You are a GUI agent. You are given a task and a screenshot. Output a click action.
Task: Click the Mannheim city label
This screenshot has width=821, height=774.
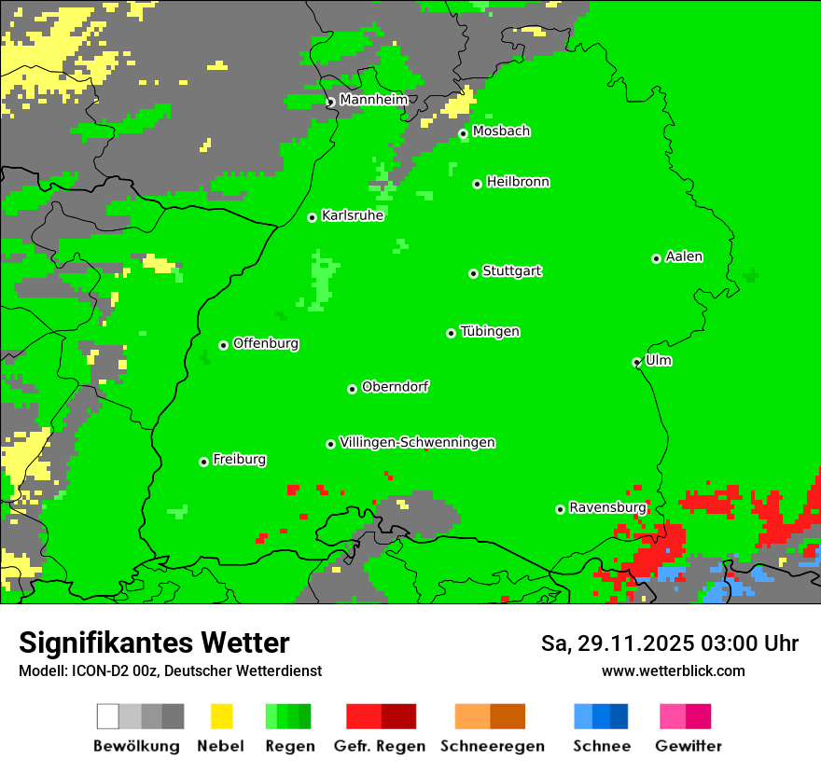[373, 100]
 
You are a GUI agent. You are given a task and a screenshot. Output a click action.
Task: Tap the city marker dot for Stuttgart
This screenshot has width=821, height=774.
[473, 273]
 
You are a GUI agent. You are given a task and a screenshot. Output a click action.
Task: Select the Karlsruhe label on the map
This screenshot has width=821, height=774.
[353, 215]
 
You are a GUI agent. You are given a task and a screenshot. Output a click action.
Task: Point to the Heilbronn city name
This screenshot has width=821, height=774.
[518, 182]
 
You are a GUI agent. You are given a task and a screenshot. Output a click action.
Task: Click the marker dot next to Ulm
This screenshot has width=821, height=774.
[637, 363]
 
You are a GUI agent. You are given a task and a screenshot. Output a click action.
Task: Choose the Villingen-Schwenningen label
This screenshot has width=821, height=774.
[417, 442]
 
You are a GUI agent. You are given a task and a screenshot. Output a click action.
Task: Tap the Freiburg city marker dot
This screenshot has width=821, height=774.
[203, 462]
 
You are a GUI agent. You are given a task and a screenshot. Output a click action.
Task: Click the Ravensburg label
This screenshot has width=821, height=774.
[607, 507]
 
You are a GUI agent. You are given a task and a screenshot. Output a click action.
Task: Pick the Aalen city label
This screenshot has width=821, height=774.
[684, 256]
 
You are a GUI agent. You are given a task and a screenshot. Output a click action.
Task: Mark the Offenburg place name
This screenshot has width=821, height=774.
[266, 343]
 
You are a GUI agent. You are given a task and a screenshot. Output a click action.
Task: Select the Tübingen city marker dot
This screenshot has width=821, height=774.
[452, 333]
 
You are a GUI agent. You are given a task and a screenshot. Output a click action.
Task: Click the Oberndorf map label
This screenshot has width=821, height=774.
[395, 386]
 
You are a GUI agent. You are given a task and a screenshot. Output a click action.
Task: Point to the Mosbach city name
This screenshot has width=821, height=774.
[501, 131]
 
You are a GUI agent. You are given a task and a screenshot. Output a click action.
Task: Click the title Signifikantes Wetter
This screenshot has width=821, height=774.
[154, 643]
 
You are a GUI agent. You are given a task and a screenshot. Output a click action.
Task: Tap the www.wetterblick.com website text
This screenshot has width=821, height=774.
[673, 670]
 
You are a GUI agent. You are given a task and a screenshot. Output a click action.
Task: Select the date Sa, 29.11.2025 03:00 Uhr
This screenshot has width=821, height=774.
[669, 643]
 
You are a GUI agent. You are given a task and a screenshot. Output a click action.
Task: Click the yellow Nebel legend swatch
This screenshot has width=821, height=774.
[221, 716]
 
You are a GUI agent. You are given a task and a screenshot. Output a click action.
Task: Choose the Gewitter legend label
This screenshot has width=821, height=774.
[688, 746]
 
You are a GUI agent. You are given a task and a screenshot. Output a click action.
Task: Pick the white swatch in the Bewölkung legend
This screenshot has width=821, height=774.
[108, 716]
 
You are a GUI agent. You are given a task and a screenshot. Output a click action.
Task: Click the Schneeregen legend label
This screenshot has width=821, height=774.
[492, 746]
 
